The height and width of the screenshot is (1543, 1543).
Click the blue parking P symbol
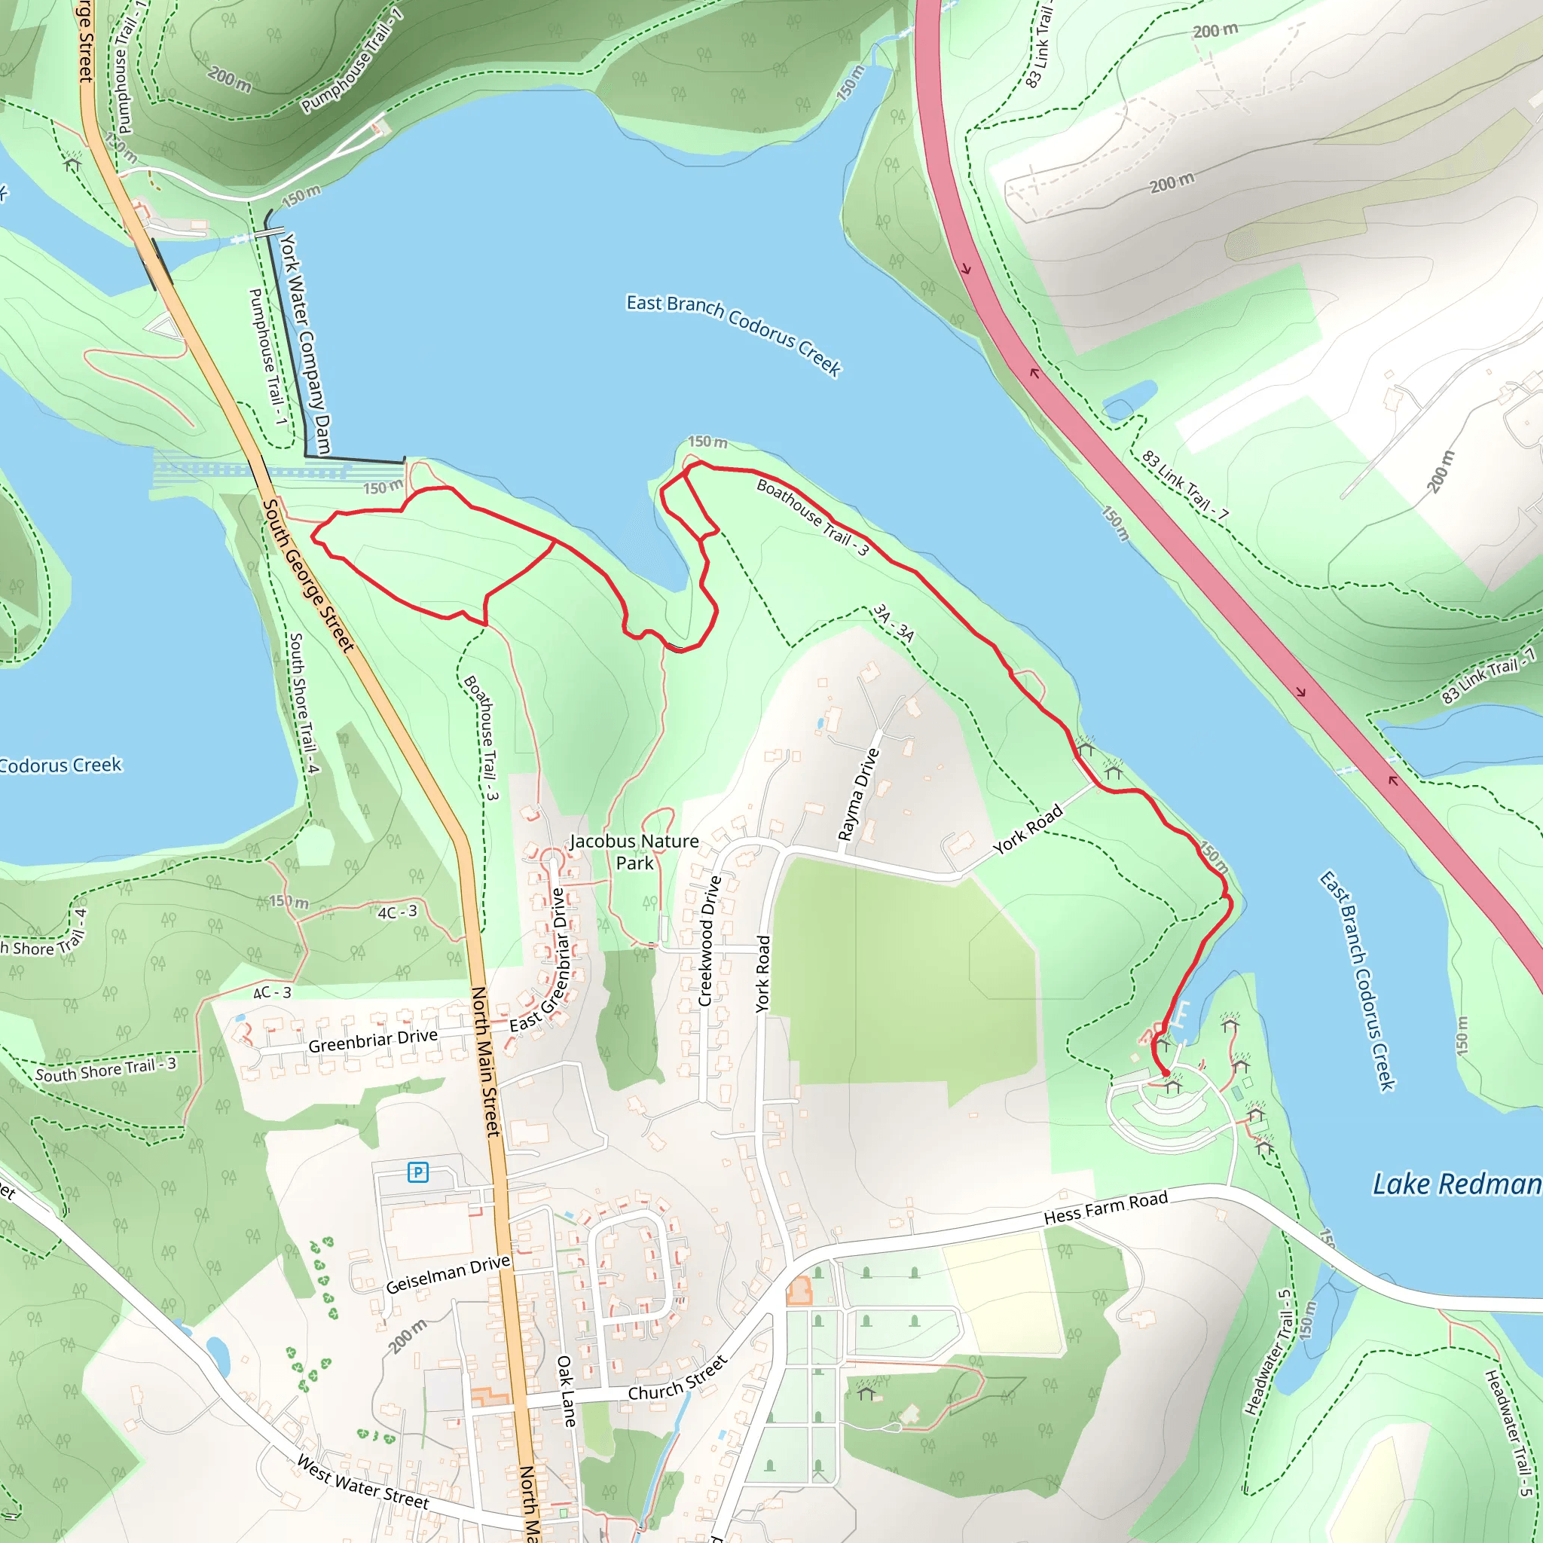pos(417,1172)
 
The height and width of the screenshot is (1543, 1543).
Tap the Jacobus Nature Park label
pos(634,851)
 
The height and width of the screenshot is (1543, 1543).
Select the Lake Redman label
pos(1456,1184)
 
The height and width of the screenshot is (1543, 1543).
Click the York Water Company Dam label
pos(304,344)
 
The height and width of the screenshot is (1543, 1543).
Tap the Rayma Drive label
pos(857,795)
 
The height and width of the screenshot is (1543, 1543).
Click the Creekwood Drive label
pos(709,940)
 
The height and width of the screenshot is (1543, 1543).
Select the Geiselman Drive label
pos(448,1274)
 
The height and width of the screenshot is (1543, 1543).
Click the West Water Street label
pos(362,1480)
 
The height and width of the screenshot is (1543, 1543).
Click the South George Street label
pos(307,575)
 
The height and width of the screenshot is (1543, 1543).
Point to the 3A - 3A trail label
pos(893,624)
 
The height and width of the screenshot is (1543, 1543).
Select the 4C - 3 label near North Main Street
pos(397,912)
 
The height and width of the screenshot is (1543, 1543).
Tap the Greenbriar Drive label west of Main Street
pos(372,1040)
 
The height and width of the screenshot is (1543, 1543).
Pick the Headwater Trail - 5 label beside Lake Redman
pos(1267,1352)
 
